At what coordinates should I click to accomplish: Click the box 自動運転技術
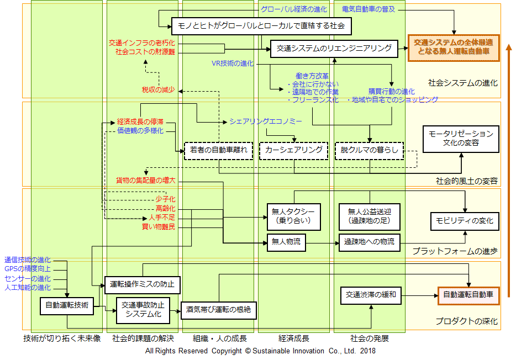click(66, 305)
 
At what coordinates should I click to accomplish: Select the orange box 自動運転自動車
click(468, 295)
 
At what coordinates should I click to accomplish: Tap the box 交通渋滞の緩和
click(367, 294)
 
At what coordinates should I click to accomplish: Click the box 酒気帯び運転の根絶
click(218, 309)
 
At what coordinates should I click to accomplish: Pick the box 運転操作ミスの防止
click(142, 285)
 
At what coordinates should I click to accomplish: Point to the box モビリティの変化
click(465, 221)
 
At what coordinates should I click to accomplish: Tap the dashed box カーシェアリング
click(293, 150)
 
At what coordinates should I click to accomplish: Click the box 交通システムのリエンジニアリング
click(334, 49)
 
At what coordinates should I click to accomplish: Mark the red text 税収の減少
click(158, 89)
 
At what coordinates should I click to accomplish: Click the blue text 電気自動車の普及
click(368, 9)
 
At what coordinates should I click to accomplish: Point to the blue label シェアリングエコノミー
click(258, 121)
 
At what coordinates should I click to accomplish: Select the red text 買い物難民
click(159, 227)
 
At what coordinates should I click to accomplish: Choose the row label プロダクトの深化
click(466, 321)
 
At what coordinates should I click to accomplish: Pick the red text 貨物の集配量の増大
click(145, 181)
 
